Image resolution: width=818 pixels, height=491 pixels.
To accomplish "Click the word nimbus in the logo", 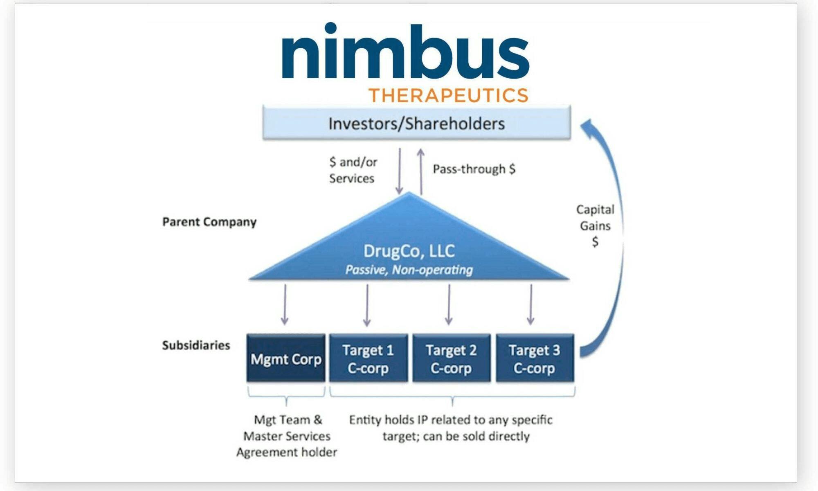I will pyautogui.click(x=405, y=51).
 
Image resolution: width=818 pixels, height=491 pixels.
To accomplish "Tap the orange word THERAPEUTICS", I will pyautogui.click(x=449, y=95).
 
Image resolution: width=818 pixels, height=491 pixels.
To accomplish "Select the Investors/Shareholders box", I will pyautogui.click(x=416, y=123).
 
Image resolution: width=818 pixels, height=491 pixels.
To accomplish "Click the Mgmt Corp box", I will pyautogui.click(x=286, y=359).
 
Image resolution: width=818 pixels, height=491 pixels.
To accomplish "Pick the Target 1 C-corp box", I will pyautogui.click(x=368, y=359).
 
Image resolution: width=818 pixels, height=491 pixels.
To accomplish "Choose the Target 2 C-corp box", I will pyautogui.click(x=451, y=359).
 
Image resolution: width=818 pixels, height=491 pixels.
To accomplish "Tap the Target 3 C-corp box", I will pyautogui.click(x=535, y=359).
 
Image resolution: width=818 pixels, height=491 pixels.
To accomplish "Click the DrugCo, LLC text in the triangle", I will pyautogui.click(x=409, y=251).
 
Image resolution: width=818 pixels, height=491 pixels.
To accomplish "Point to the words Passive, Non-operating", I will pyautogui.click(x=409, y=270).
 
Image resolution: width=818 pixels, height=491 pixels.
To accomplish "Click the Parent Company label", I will pyautogui.click(x=209, y=222).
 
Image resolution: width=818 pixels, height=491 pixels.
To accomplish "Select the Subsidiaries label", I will pyautogui.click(x=196, y=345).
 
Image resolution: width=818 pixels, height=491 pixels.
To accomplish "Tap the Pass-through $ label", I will pyautogui.click(x=474, y=169).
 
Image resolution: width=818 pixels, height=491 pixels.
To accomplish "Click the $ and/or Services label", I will pyautogui.click(x=353, y=170).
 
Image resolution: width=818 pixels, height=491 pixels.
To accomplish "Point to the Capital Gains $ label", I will pyautogui.click(x=595, y=225).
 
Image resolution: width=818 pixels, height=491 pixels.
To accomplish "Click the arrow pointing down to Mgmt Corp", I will pyautogui.click(x=285, y=305).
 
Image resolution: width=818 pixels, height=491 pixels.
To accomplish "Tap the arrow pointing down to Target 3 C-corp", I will pyautogui.click(x=531, y=305).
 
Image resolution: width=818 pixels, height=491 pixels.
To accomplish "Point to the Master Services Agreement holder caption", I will pyautogui.click(x=287, y=436).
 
